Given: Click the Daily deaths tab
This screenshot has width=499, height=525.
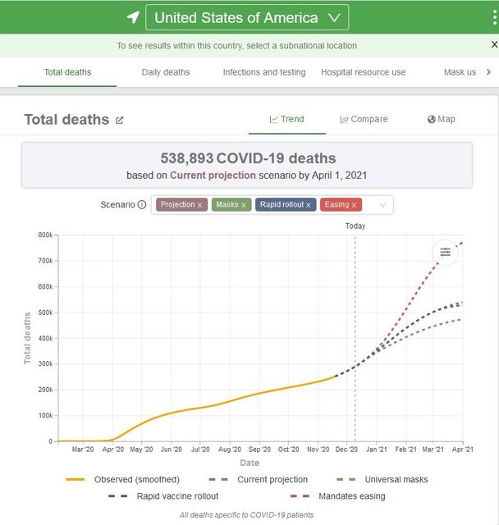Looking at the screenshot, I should (x=166, y=72).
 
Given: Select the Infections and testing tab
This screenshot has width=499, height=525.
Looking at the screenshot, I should (x=264, y=72).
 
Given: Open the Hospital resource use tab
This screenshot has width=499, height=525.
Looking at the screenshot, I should (x=363, y=72).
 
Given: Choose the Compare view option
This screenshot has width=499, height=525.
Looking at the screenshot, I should (x=364, y=119).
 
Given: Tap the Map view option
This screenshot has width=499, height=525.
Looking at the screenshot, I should (x=441, y=119).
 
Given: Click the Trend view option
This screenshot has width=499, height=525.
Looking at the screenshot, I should (x=286, y=119).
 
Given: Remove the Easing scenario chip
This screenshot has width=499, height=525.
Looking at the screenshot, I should (x=355, y=205).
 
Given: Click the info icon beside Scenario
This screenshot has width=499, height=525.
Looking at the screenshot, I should (x=142, y=205).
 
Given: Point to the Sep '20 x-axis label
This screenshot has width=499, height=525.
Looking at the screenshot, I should (x=259, y=450).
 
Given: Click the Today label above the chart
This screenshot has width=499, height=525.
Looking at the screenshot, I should (x=355, y=226).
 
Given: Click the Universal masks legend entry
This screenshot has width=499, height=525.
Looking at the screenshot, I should (x=396, y=479).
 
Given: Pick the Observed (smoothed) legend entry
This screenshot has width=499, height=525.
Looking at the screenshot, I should (x=136, y=479).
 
